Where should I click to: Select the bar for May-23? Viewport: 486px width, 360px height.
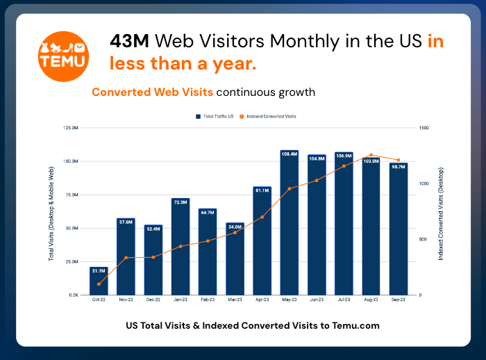(x=290, y=222)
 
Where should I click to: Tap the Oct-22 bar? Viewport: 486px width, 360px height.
(x=99, y=281)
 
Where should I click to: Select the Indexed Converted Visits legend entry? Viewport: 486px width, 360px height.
(x=270, y=116)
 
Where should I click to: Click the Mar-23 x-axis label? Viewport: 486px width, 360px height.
(x=235, y=300)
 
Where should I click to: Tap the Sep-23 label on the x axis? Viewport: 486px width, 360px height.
(x=399, y=300)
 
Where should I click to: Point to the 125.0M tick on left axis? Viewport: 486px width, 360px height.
(x=70, y=128)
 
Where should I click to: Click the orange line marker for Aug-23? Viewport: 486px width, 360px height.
(x=371, y=155)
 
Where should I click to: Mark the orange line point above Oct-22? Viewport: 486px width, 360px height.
(x=99, y=284)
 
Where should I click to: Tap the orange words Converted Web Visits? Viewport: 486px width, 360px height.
(x=152, y=92)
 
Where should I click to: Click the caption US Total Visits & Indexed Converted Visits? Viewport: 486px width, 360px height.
(x=253, y=325)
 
